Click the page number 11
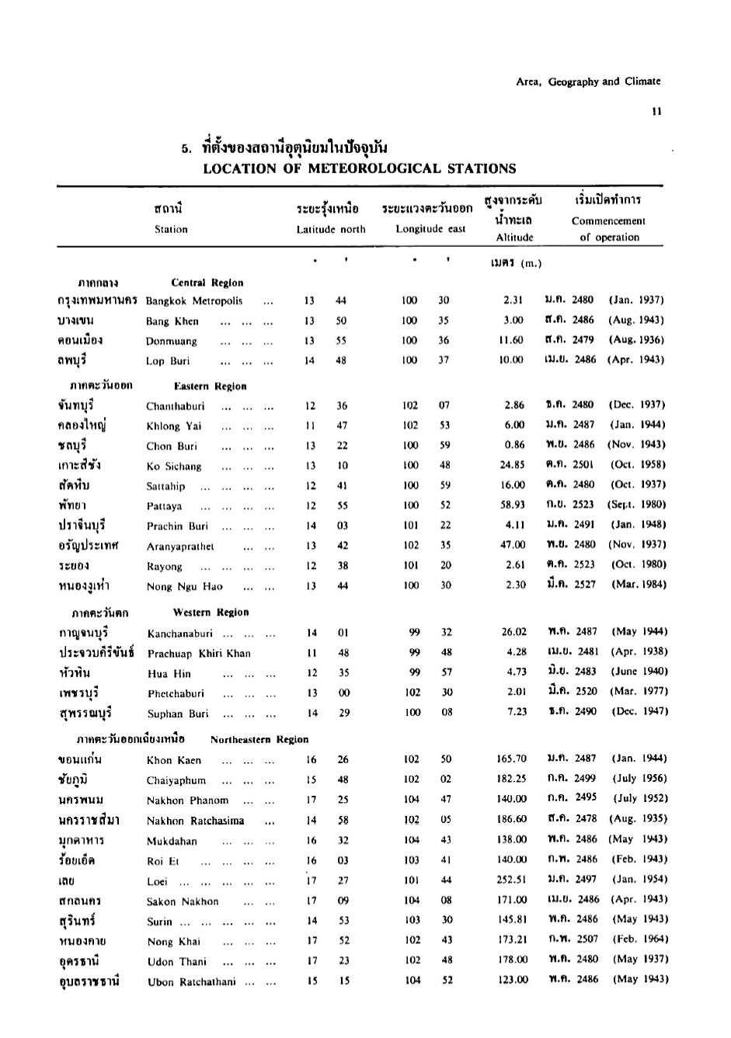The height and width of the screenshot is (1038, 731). pos(657,111)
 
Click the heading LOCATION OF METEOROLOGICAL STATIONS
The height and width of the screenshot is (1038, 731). pos(359,168)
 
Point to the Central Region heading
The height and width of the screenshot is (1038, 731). pos(207,283)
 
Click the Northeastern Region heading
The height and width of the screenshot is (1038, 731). pos(259,739)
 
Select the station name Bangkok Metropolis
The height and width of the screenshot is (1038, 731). pos(194,301)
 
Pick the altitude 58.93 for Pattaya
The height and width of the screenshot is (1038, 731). pos(513,505)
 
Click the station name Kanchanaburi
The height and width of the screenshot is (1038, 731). pos(179,634)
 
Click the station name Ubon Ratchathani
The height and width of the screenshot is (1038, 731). pos(191,982)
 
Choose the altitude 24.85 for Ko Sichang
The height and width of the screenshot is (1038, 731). pos(513,465)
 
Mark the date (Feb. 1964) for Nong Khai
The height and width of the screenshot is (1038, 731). pos(640,939)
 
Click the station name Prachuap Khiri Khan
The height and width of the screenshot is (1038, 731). pos(199,654)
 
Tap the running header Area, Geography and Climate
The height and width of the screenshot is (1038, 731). pos(588,82)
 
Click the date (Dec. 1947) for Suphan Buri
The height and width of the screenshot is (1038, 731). pos(639,711)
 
